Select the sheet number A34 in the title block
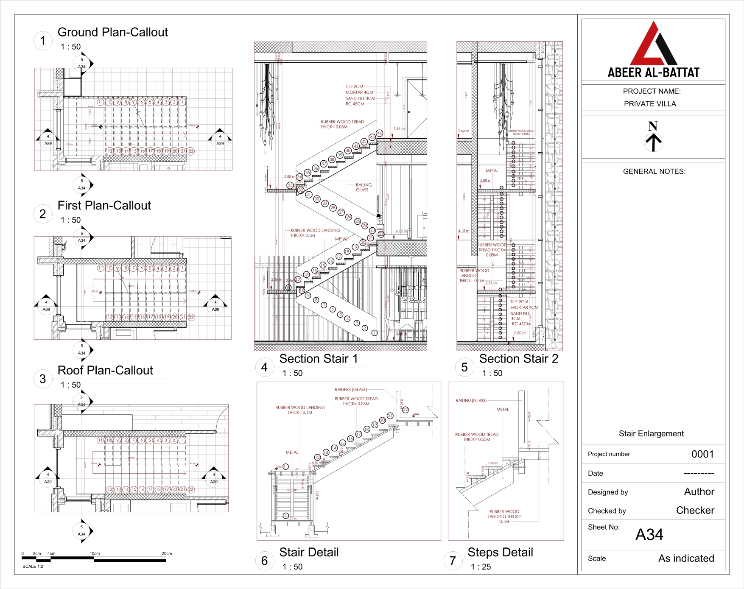pos(649,535)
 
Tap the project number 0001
pos(702,454)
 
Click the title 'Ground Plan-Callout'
pos(112,32)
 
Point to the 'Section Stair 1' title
pos(318,359)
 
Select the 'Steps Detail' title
pos(500,552)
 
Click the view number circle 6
pos(264,561)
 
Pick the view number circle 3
pos(42,379)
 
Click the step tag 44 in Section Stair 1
pos(379,133)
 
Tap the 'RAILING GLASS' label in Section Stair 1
pos(363,187)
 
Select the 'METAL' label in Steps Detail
pos(502,410)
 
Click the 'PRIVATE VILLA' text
pos(650,104)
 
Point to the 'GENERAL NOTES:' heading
pos(654,171)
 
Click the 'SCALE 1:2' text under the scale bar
pos(33,567)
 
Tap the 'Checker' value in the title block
pos(695,511)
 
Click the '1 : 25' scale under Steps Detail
pos(481,567)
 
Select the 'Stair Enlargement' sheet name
pos(651,433)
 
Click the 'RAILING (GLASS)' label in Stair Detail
pos(350,390)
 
